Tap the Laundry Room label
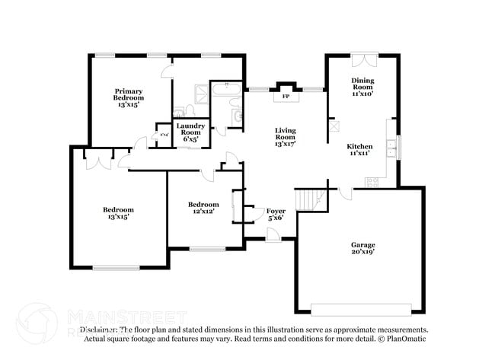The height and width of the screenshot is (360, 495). coord(190,132)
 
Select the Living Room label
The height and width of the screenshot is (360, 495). coord(285,135)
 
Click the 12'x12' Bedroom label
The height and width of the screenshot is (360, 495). coord(203,208)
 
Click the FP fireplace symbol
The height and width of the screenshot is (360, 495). coord(286,97)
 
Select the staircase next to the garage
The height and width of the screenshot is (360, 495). coord(307,199)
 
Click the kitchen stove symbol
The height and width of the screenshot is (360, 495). coord(372,182)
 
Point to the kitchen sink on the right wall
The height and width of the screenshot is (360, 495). coord(391,148)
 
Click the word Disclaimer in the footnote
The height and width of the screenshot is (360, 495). coord(97,330)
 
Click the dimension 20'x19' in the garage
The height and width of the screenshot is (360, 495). coord(362,253)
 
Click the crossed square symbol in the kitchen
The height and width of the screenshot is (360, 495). coord(335,128)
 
